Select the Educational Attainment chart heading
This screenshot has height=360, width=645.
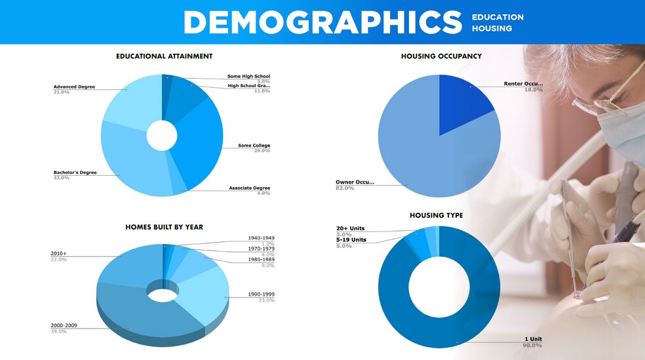[x=164, y=56]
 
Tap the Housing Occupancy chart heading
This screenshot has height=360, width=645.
[x=441, y=56]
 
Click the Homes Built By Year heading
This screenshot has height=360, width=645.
[x=164, y=227]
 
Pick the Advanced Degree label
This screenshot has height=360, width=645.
[x=74, y=87]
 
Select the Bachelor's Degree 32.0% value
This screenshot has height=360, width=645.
[x=61, y=178]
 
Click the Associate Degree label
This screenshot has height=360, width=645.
[x=249, y=188]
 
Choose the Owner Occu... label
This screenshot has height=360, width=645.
[x=355, y=182]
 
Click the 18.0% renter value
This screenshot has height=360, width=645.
[x=533, y=89]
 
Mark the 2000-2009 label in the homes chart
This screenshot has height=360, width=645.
[x=65, y=325]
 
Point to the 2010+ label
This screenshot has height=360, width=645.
[x=58, y=253]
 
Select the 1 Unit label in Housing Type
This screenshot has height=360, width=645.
[x=533, y=339]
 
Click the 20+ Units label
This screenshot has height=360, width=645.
[x=349, y=228]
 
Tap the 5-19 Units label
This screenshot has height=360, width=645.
[x=351, y=239]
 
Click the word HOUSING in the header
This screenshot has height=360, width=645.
[x=492, y=28]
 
